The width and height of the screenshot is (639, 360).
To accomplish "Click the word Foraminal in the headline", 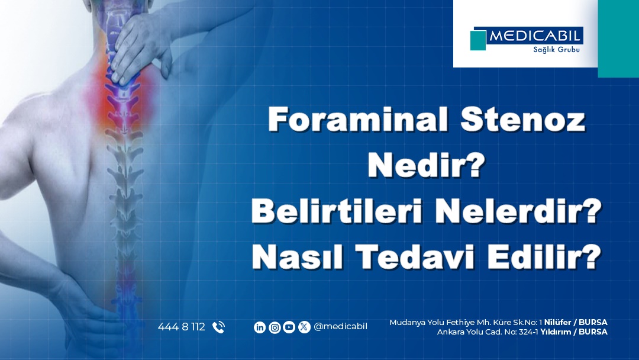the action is tap(358, 119).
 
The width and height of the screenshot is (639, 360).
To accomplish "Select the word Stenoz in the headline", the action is tap(523, 119).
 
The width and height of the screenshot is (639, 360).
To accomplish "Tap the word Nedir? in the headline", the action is tap(426, 165).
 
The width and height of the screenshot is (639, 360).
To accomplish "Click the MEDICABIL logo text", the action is tap(534, 36).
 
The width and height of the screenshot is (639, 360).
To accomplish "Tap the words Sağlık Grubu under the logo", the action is tap(556, 50).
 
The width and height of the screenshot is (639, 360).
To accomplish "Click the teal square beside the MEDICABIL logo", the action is tap(478, 40).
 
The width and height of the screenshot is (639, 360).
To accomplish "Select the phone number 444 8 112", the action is tap(182, 327).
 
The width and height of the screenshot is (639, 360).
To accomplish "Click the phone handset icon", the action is tap(218, 327).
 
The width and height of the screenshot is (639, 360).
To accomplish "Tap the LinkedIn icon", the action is tap(260, 327).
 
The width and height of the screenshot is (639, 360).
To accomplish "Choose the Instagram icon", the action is tap(275, 327).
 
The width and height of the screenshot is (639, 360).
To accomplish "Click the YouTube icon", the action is tap(289, 327).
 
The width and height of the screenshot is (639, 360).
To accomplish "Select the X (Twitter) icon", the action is tap(304, 327).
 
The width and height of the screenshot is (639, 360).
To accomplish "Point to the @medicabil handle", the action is tap(340, 327).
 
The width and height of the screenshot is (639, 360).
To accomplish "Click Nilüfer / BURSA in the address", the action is tap(576, 322).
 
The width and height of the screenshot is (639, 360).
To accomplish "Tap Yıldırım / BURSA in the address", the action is tap(574, 332).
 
